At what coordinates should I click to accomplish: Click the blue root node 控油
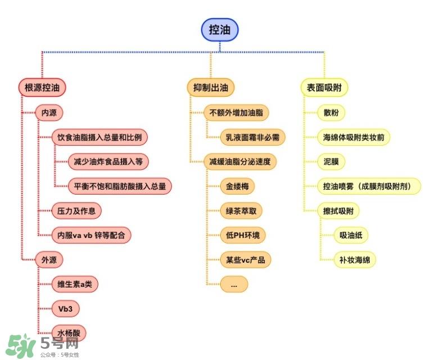tap(220, 30)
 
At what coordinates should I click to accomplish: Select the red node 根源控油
tap(42, 88)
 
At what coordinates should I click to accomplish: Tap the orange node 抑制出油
tap(210, 88)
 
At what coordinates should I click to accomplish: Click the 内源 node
tap(49, 112)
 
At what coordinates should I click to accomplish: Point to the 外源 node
tap(49, 260)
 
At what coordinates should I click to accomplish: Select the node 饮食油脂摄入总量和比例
tap(99, 137)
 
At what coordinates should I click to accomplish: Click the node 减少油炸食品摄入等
tap(108, 161)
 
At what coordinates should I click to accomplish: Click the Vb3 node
tap(65, 309)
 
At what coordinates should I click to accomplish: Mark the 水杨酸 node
tap(69, 333)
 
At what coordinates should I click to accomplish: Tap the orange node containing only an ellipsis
tap(234, 285)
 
